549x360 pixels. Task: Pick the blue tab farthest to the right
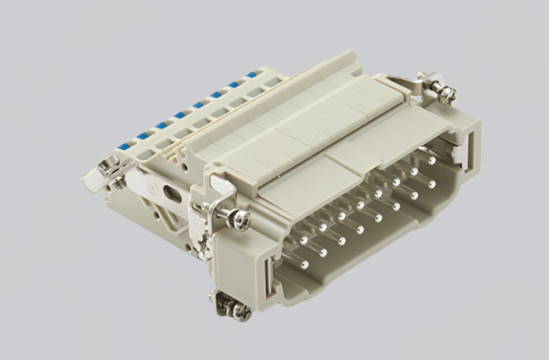click(x=251, y=75)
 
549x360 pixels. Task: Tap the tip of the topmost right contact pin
click(x=432, y=160)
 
